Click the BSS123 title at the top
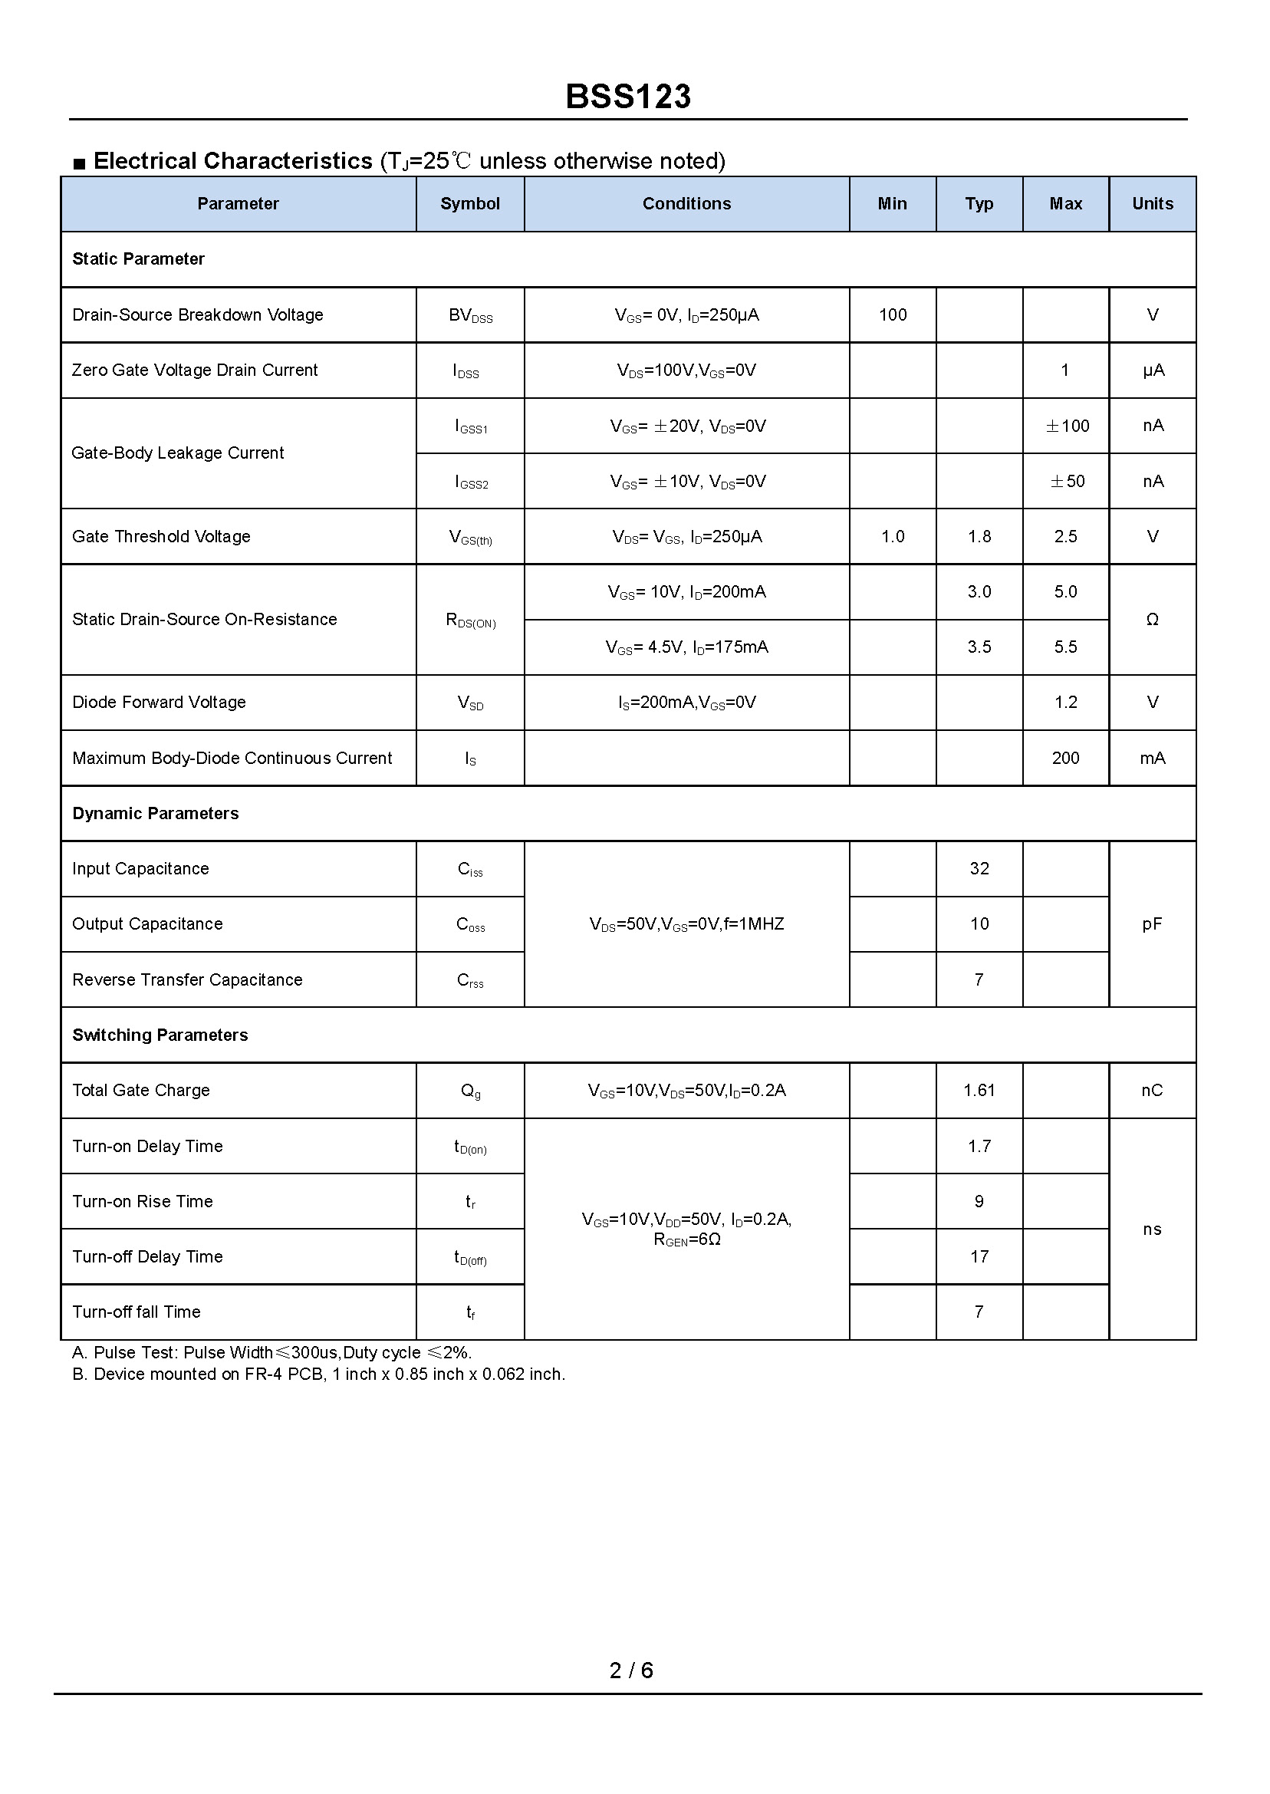tap(628, 96)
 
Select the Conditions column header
tap(686, 203)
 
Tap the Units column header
tap(1153, 203)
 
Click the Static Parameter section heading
tap(138, 258)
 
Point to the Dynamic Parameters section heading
tap(155, 813)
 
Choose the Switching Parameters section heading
tap(160, 1035)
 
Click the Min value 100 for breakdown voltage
tap(892, 314)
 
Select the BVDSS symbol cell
tap(470, 315)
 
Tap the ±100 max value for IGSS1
tap(1067, 426)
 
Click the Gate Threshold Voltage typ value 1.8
tap(979, 536)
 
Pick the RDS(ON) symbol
tap(470, 620)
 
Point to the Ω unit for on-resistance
tap(1152, 620)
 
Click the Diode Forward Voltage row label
tap(159, 703)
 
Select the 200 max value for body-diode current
tap(1065, 758)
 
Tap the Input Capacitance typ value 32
tap(979, 868)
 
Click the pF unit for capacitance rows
tap(1152, 923)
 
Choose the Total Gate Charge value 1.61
tap(979, 1090)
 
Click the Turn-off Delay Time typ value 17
tap(979, 1257)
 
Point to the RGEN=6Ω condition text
tap(686, 1239)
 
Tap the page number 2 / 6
tap(631, 1671)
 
